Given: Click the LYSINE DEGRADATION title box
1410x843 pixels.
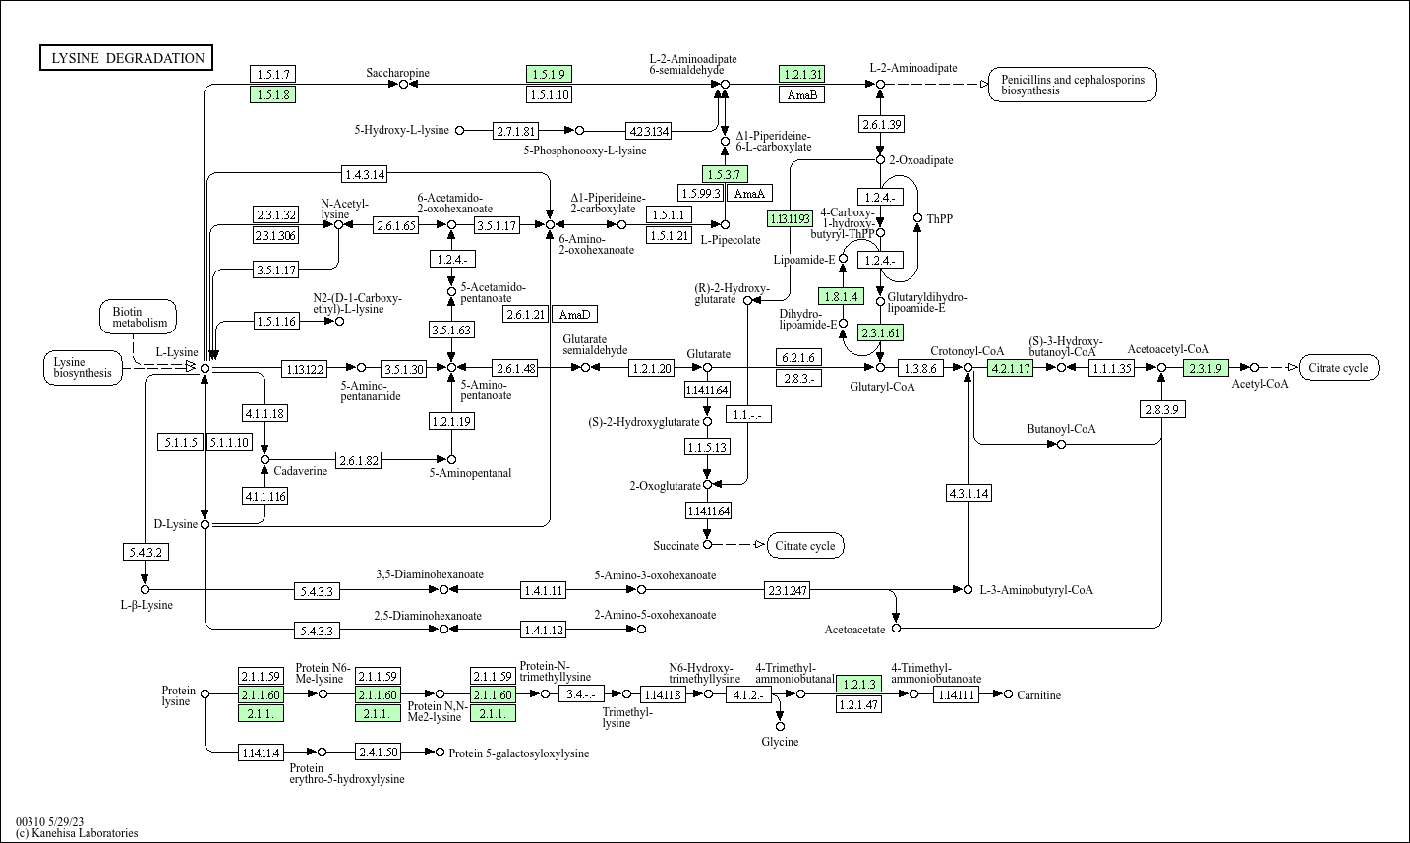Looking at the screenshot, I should tap(127, 58).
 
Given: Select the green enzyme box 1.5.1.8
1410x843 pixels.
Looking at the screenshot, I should tap(273, 94).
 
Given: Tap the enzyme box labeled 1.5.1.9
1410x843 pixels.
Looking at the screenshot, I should tap(549, 74).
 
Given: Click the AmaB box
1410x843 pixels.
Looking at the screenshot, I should tap(801, 94).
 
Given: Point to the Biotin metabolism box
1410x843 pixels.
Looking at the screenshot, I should tap(139, 317).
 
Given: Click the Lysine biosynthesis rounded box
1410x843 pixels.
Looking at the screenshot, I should tap(83, 368).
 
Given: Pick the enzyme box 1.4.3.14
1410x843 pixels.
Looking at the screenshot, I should tap(364, 174).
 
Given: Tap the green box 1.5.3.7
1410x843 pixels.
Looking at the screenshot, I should tap(725, 174).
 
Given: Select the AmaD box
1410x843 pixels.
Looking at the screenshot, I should tap(574, 314).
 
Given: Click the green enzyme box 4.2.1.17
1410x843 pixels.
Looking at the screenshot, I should tap(1010, 368).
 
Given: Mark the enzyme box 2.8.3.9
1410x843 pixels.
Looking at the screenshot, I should tap(1162, 408).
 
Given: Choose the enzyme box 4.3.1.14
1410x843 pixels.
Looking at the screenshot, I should tap(969, 493).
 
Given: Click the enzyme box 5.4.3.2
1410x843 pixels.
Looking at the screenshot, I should tap(146, 552).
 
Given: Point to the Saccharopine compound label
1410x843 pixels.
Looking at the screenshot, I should tap(397, 73).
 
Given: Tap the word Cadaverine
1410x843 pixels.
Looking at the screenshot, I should tap(301, 471).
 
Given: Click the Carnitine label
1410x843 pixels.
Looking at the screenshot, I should tap(1038, 695).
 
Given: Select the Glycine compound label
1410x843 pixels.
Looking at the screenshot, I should tap(780, 742).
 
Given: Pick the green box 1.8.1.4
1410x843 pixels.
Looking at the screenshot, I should tap(842, 296).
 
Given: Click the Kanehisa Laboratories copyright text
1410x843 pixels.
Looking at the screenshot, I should tap(77, 833).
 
